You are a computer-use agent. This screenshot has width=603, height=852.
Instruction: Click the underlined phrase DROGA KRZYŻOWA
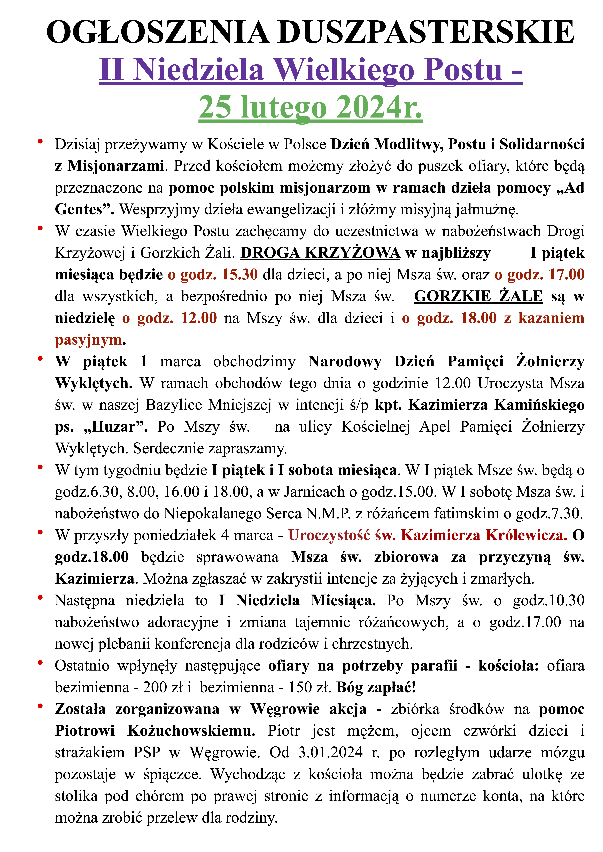tap(320, 253)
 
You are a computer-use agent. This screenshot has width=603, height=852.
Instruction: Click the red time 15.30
tap(240, 275)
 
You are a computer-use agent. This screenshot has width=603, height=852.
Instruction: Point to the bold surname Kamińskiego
tap(539, 405)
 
